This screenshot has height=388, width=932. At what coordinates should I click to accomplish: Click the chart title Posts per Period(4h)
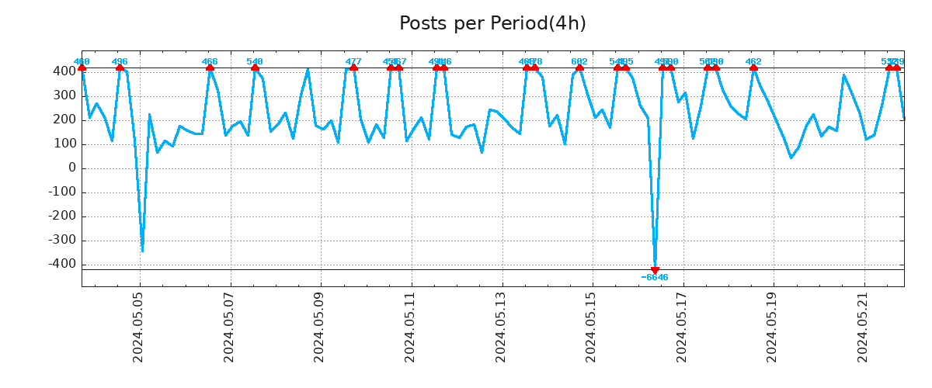click(x=492, y=24)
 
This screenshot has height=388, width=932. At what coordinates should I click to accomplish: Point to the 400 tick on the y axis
click(x=64, y=71)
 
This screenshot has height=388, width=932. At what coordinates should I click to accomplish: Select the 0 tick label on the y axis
click(x=72, y=168)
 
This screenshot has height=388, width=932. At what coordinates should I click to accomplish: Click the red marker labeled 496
click(x=120, y=68)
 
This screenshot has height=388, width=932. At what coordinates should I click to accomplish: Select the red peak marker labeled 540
click(x=255, y=68)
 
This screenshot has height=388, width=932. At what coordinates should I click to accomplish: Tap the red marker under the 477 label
click(x=353, y=68)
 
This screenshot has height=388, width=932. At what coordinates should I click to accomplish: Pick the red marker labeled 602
click(x=579, y=68)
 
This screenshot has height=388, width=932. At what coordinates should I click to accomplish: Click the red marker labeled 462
click(x=753, y=68)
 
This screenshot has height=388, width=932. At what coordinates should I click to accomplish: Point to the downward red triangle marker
click(x=655, y=270)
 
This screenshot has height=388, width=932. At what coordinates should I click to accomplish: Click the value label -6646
click(x=655, y=278)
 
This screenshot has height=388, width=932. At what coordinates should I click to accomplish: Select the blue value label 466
click(x=210, y=61)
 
